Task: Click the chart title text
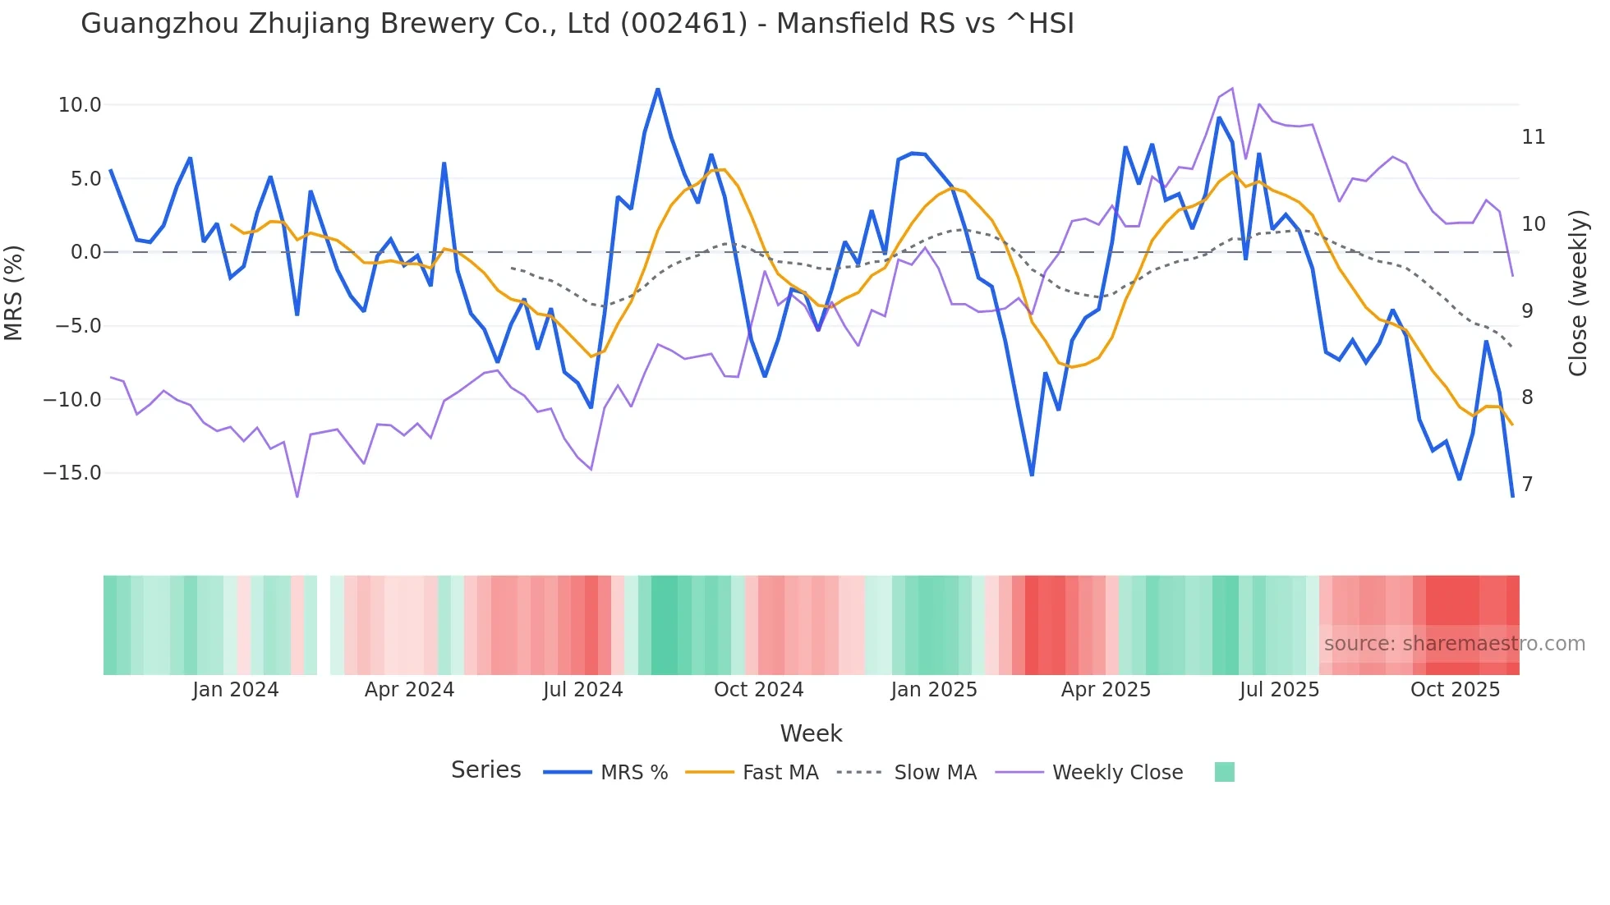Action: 577,24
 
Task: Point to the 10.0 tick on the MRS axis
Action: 80,105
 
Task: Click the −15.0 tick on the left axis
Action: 72,473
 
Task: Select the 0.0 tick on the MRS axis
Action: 86,252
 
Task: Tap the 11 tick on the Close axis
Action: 1533,137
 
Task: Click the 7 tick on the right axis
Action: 1527,485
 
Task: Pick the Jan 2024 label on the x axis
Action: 236,690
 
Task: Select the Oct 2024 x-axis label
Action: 758,690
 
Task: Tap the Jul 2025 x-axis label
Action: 1279,690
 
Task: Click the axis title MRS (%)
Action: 14,292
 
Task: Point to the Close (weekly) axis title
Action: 1578,292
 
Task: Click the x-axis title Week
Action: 811,733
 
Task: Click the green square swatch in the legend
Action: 1224,772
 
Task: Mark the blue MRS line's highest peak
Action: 658,90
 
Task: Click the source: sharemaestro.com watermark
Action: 1454,644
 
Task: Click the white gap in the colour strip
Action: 324,625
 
